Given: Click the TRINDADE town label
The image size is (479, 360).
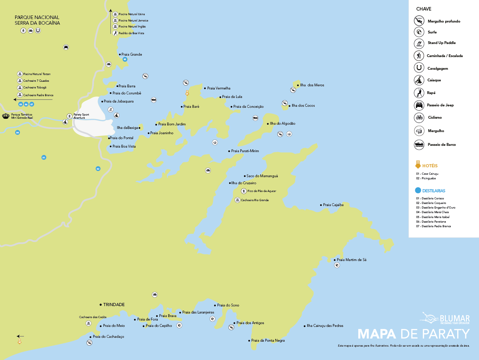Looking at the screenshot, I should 114,305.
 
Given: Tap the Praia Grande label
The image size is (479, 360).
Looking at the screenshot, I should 132,55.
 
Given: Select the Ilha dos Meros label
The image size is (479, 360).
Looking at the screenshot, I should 312,85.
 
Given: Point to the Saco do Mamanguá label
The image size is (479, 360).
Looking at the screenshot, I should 262,176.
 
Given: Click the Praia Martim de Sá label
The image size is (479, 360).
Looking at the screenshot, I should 351,260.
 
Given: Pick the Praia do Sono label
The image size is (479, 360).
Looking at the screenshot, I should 228,305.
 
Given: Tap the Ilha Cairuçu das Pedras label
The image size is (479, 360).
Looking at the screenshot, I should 324,326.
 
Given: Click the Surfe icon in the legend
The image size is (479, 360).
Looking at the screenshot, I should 419,32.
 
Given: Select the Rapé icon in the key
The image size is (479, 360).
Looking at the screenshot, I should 419,93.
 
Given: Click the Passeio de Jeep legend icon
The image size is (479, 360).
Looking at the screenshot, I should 419,105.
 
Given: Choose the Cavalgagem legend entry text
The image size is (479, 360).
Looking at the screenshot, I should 437,69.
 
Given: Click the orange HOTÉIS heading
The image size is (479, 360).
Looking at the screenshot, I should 430,166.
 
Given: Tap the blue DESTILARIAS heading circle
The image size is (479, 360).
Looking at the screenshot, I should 418,191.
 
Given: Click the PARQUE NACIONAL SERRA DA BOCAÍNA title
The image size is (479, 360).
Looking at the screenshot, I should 37,20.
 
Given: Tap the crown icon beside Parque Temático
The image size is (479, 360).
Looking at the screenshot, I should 6,116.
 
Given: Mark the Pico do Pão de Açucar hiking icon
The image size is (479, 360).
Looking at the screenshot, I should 244,191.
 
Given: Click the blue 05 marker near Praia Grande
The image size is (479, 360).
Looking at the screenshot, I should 125,60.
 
